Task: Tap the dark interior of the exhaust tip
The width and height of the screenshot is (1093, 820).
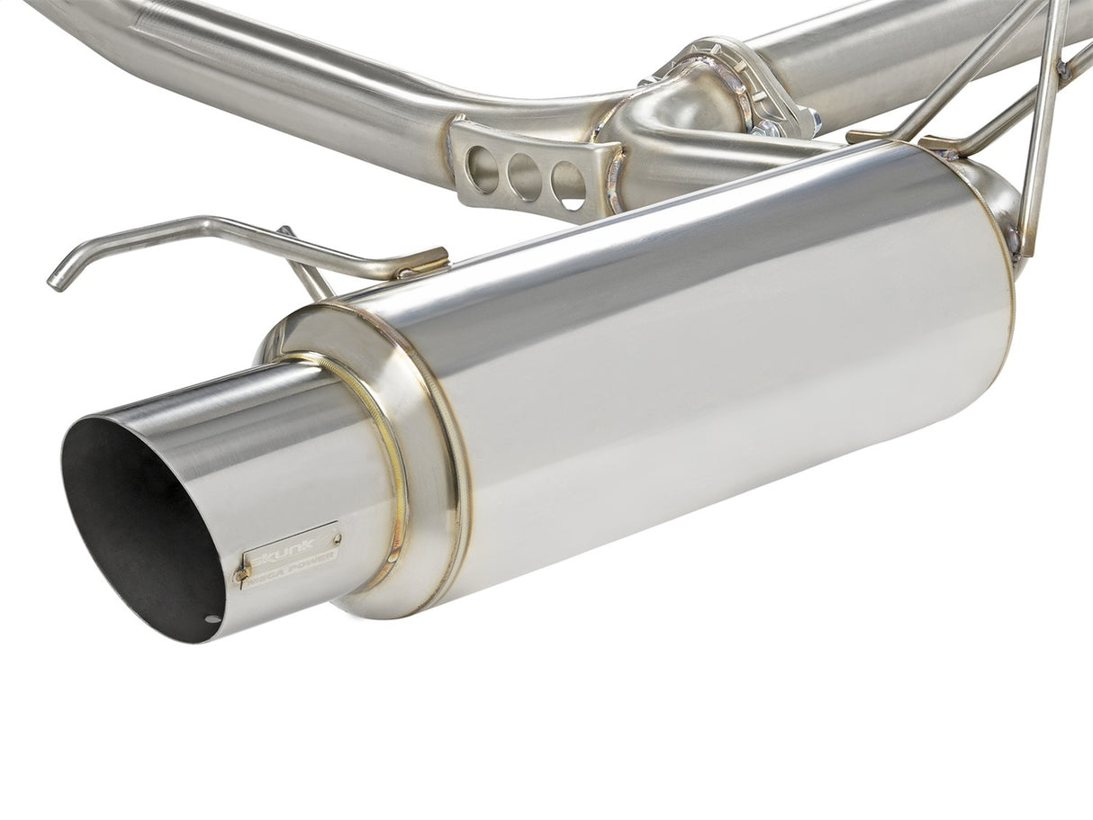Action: pyautogui.click(x=135, y=522)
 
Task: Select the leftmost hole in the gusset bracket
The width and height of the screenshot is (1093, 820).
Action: pyautogui.click(x=483, y=168)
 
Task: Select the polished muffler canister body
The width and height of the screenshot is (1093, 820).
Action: pyautogui.click(x=720, y=360)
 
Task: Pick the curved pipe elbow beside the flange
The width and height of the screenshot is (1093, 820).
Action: pyautogui.click(x=684, y=108)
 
